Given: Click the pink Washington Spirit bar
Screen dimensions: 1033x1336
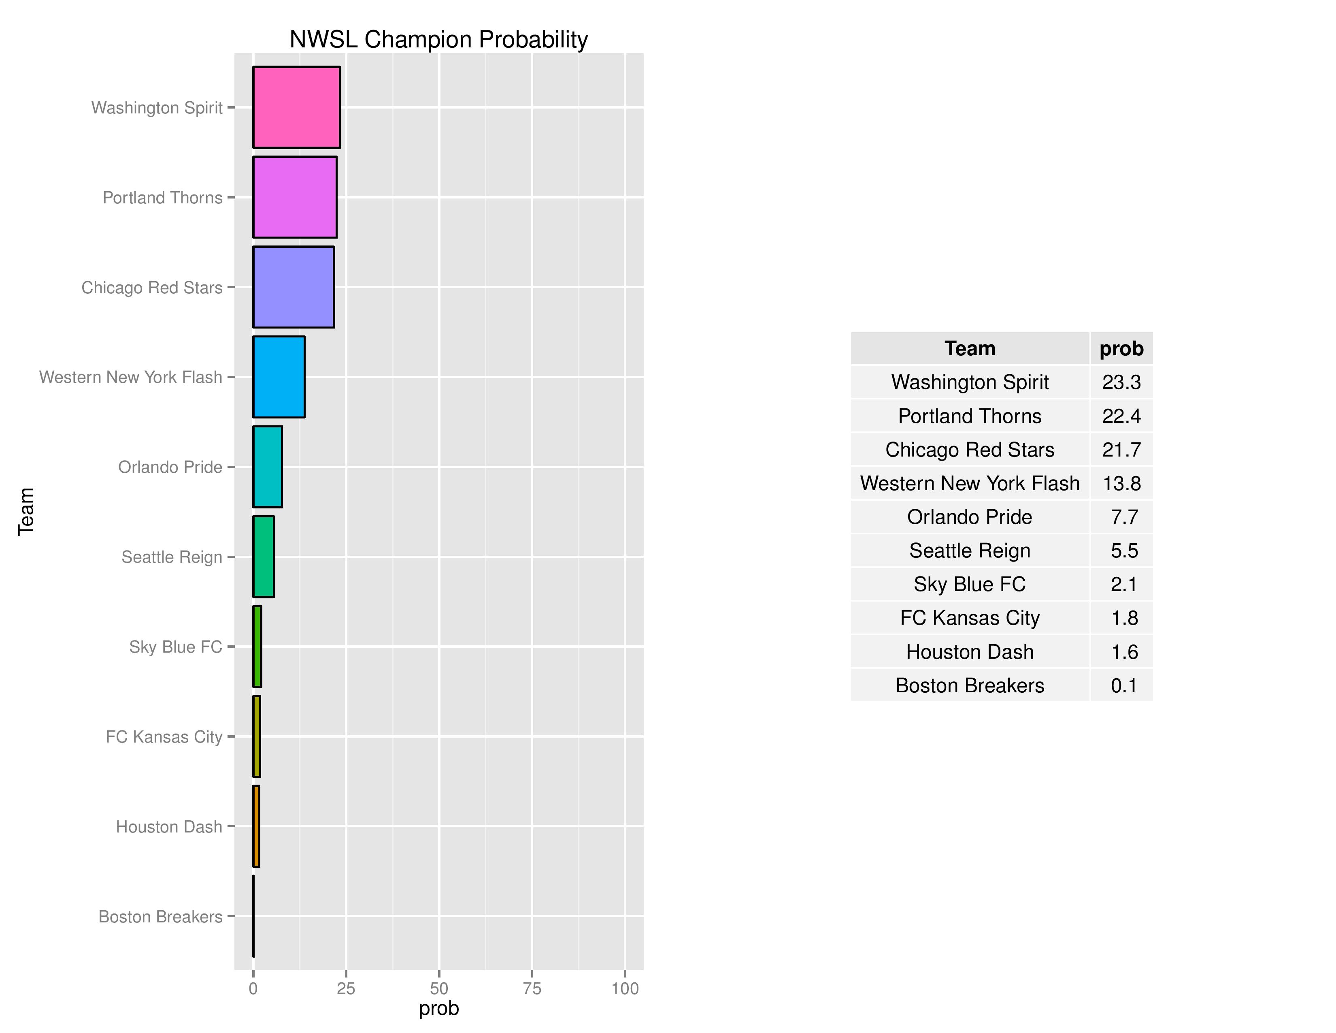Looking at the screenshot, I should pos(296,107).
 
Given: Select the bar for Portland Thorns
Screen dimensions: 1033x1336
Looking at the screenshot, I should pos(294,197).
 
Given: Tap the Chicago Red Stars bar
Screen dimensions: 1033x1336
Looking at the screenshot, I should pos(293,287).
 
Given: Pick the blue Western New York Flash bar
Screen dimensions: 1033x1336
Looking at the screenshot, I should pos(279,377).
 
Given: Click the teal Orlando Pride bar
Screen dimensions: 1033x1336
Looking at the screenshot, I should pos(267,467).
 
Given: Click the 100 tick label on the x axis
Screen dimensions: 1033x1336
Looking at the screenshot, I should pos(625,988).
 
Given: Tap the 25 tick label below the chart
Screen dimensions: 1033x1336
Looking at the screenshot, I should pos(346,988).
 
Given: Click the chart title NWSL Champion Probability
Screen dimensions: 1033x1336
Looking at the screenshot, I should pos(438,40).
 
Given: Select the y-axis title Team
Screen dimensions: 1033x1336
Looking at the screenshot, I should pos(26,512).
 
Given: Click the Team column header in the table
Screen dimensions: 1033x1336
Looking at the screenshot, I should pos(970,349).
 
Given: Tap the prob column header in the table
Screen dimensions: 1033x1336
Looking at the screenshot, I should pos(1121,349).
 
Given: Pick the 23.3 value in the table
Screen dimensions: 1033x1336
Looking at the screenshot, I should pos(1121,382).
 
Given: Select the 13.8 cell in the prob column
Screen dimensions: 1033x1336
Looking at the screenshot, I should pos(1121,483).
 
